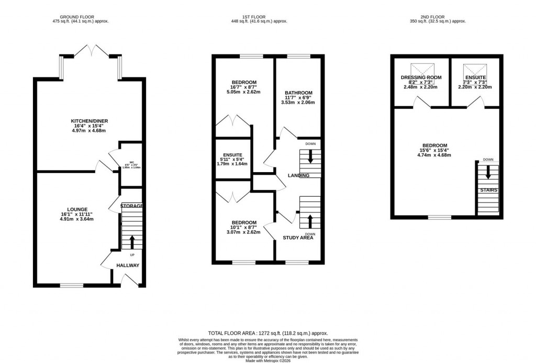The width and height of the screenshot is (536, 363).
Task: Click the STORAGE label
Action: [x=131, y=206]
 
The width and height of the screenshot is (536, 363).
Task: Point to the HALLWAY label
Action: [x=128, y=265]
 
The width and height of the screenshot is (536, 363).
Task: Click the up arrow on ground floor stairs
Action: [x=131, y=242]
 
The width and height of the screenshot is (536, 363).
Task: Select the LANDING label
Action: [x=298, y=175]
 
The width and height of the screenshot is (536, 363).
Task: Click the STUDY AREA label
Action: [x=298, y=237]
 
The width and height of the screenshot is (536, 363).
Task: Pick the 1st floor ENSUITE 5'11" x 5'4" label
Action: [x=232, y=155]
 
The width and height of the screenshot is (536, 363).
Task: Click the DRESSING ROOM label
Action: [x=421, y=77]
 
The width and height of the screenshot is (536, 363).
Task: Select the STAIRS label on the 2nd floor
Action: [x=488, y=190]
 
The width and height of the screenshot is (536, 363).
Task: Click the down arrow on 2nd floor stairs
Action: [x=488, y=172]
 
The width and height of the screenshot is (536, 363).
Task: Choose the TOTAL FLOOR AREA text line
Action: [x=268, y=333]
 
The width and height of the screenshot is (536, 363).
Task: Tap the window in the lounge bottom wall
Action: [x=71, y=285]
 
